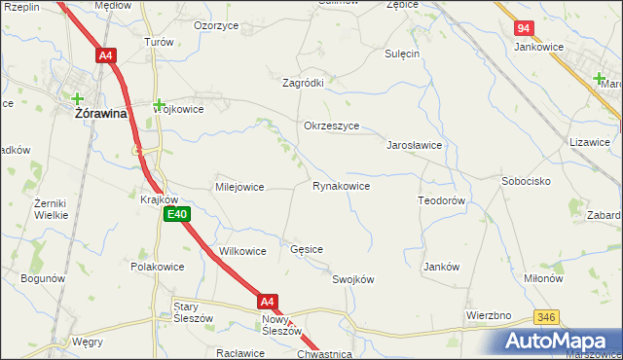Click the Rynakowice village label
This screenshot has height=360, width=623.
(x=341, y=186)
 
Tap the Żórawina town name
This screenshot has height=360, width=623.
(x=103, y=113)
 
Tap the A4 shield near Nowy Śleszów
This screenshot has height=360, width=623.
(x=269, y=302)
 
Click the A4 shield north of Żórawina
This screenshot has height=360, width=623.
(x=106, y=56)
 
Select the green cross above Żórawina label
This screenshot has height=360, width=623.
(x=78, y=96)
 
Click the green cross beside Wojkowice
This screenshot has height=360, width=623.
(x=158, y=102)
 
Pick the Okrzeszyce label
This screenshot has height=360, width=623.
(x=332, y=126)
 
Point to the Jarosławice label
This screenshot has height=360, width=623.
(x=416, y=145)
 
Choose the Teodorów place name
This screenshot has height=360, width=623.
(x=445, y=199)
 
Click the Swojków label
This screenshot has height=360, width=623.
(x=353, y=279)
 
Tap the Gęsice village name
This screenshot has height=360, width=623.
(x=307, y=249)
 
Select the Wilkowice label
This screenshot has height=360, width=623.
(x=242, y=251)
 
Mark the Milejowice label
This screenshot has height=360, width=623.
(x=239, y=187)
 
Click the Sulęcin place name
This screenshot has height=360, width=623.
(x=401, y=54)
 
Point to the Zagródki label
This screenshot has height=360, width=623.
(x=303, y=84)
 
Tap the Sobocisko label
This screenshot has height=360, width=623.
(x=527, y=181)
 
